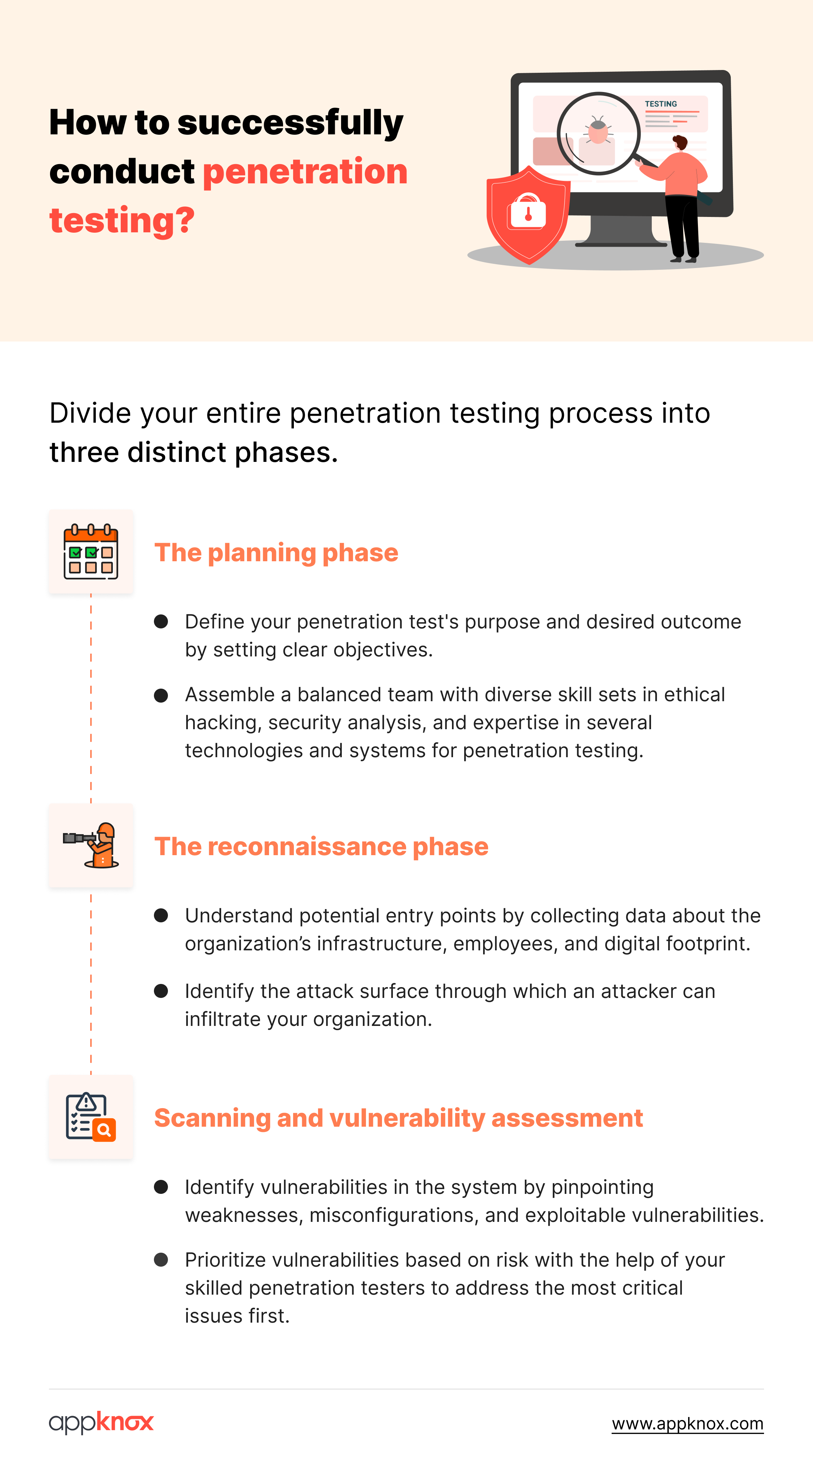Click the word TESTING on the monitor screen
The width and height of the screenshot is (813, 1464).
tap(661, 104)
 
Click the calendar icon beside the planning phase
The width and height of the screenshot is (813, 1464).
tap(91, 551)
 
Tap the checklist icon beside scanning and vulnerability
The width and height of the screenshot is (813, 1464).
tap(91, 1117)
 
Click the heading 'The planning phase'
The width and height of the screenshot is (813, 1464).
tap(276, 552)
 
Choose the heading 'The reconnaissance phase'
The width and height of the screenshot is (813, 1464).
tap(321, 846)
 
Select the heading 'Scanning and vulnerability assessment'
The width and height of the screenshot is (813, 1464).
tap(398, 1118)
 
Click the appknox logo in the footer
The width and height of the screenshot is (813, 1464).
tap(101, 1422)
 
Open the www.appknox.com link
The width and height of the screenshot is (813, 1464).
tap(687, 1424)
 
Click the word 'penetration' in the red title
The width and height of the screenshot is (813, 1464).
tap(305, 172)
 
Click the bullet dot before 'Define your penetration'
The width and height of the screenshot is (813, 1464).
tap(161, 621)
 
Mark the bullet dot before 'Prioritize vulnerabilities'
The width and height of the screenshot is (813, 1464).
tap(161, 1259)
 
